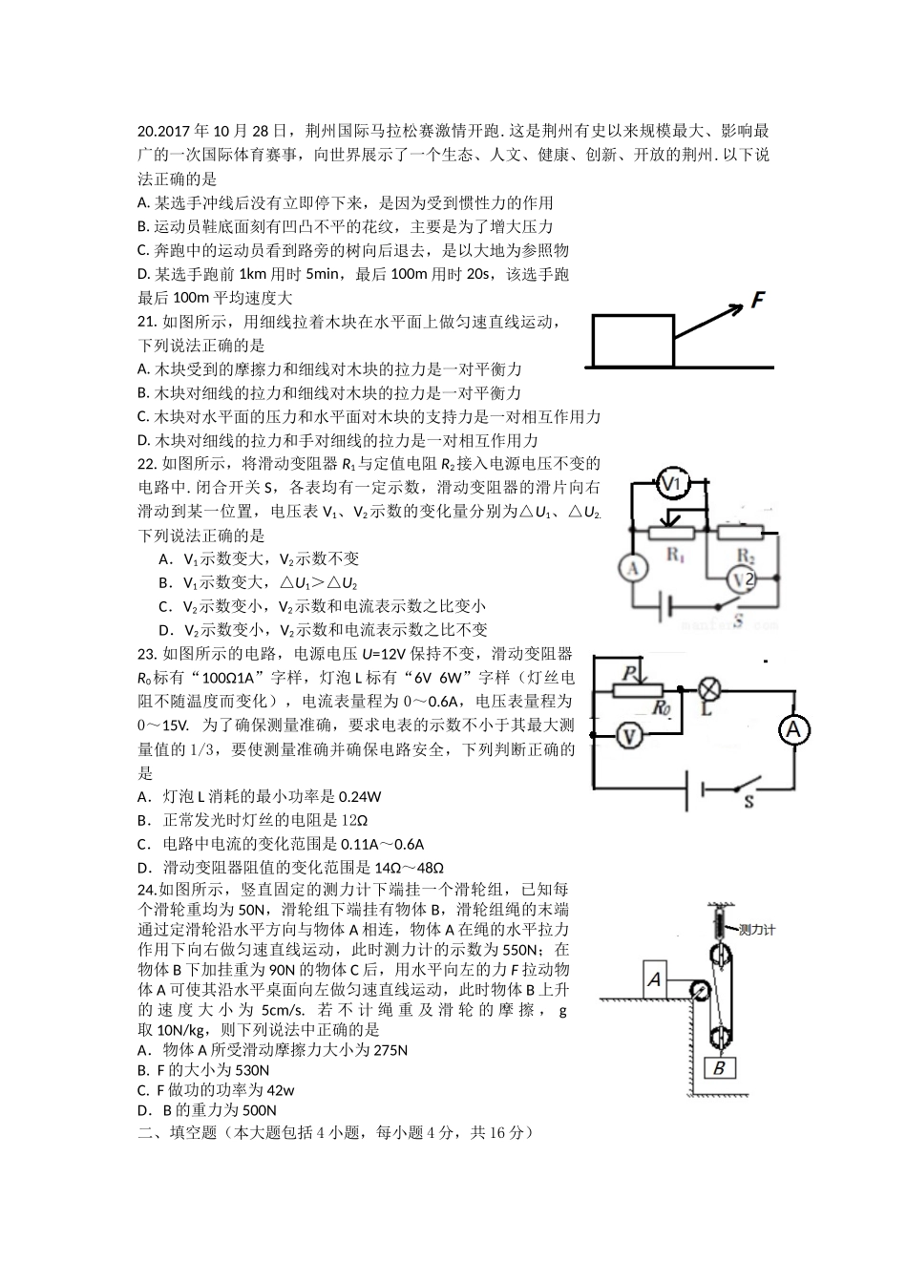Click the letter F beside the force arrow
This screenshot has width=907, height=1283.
[759, 300]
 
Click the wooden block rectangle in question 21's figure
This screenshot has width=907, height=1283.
[633, 341]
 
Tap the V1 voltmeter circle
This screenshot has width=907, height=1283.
[674, 486]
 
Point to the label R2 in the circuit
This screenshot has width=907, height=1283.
[747, 554]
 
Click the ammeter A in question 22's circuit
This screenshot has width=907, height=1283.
[631, 568]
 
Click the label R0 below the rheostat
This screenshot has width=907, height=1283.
[661, 707]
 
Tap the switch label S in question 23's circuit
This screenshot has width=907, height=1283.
[749, 802]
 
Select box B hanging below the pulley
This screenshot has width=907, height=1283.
[719, 1067]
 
